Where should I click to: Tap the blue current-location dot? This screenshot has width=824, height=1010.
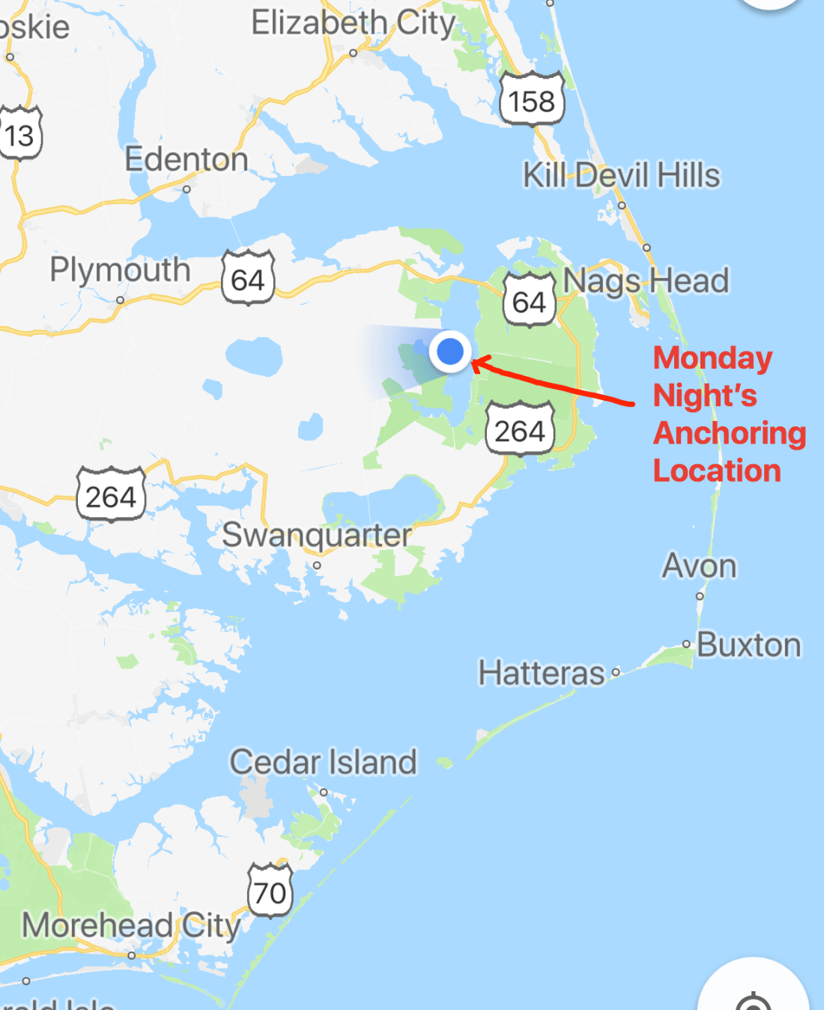[x=450, y=351]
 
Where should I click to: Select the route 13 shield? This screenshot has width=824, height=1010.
[x=19, y=135]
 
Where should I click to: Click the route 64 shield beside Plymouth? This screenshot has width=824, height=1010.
[x=248, y=279]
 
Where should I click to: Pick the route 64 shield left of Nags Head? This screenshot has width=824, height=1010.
[x=529, y=301]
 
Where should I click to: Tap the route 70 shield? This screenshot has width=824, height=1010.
[x=270, y=892]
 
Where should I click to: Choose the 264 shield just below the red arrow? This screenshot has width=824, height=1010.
[x=520, y=430]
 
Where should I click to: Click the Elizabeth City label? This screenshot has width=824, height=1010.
[x=353, y=23]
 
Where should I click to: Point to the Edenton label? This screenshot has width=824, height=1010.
[x=186, y=160]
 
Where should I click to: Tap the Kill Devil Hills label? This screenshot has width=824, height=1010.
[x=621, y=175]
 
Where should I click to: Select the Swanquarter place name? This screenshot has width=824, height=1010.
[x=317, y=535]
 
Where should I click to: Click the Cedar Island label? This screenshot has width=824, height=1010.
[x=323, y=762]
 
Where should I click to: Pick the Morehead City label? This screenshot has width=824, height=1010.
[x=131, y=925]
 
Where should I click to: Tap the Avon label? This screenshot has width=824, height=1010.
[x=699, y=566]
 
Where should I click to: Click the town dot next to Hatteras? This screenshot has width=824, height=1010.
[x=616, y=673]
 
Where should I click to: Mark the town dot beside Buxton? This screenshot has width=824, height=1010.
[x=686, y=644]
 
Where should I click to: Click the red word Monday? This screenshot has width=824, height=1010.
[x=712, y=358]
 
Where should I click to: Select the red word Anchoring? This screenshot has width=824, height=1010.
[x=730, y=433]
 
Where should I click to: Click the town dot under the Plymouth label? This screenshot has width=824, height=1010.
[x=120, y=300]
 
